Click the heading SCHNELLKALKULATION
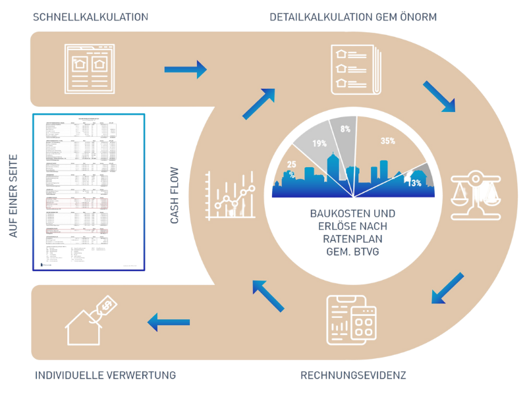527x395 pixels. pos(90,16)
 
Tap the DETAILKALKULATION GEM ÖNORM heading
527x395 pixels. pos(353,16)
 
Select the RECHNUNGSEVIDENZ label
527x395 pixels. pos(354,376)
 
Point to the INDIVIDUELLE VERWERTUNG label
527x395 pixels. pos(105,376)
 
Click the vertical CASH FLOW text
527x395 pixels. pos(176,195)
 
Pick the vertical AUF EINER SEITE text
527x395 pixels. pos(13,195)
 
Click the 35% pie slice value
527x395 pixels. pos(388,141)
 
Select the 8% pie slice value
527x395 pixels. pos(346,130)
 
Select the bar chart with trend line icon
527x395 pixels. pos(231,195)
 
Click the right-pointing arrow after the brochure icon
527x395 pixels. pos(185,68)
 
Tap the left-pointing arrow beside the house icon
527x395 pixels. pos(168,322)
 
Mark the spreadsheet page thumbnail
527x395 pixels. pos(88,192)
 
